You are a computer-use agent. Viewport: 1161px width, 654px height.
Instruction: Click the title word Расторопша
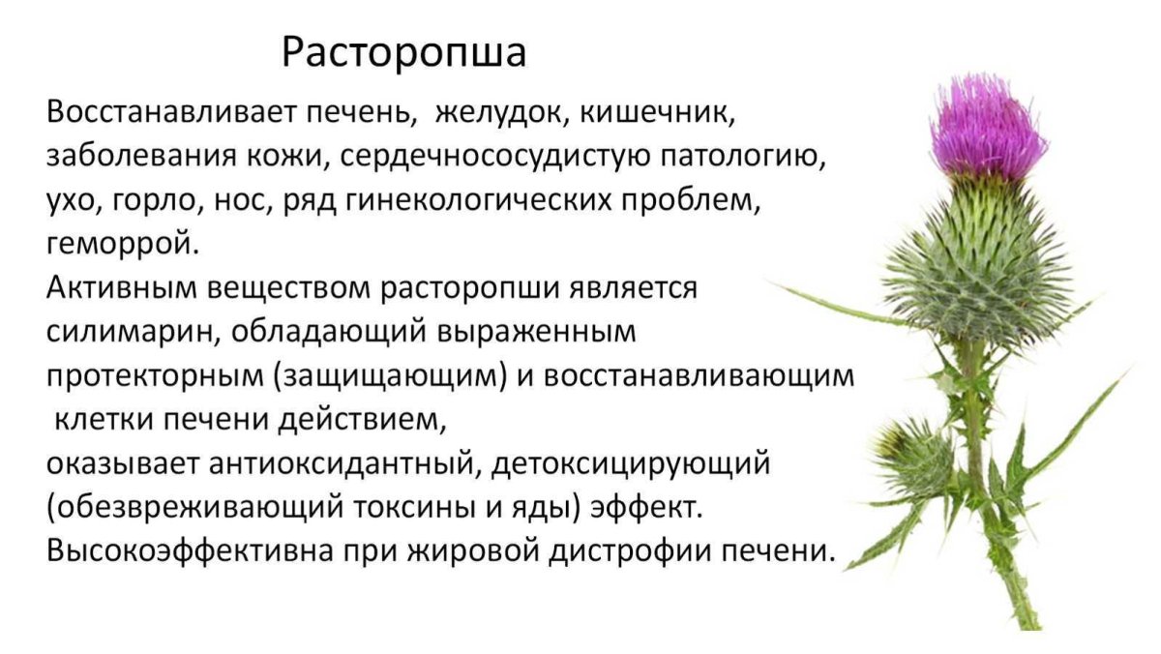coord(404,52)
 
